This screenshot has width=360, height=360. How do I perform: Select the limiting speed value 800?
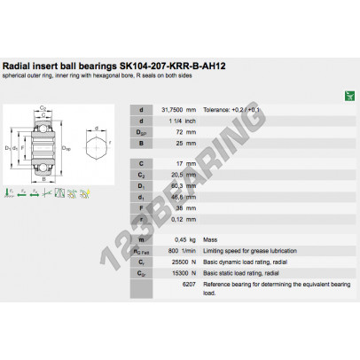[175, 251]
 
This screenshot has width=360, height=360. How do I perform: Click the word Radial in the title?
[17, 66]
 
